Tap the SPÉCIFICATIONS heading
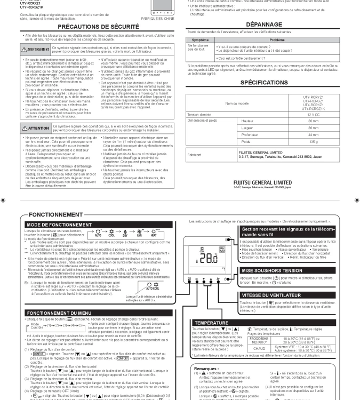tap(271, 83)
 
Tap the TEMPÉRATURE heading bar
tap(214, 323)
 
